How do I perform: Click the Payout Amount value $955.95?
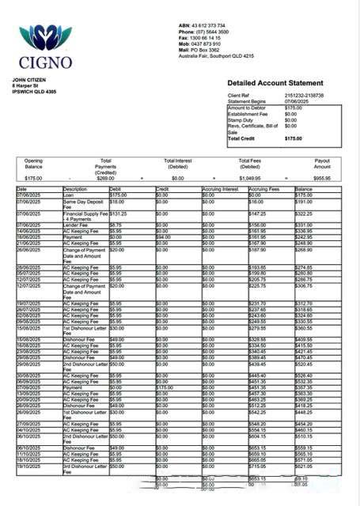point(321,179)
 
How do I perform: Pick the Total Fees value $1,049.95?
point(249,179)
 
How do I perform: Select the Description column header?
point(75,190)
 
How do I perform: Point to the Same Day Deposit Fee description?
point(84,204)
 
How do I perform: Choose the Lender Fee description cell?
point(76,225)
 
